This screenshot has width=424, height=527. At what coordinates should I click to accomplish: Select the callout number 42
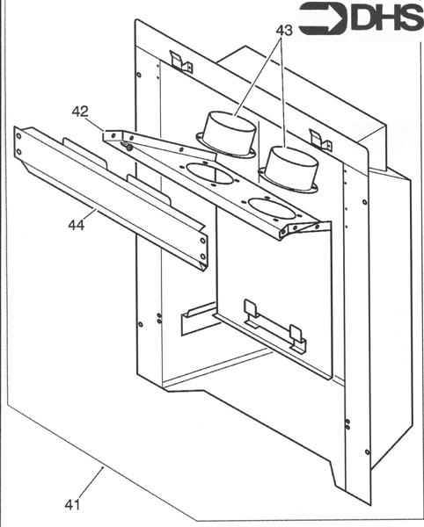click(x=80, y=112)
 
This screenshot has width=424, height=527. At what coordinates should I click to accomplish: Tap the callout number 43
click(x=283, y=30)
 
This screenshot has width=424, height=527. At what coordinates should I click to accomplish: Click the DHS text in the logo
click(x=384, y=19)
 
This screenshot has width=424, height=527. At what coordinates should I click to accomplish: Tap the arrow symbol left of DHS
click(x=322, y=19)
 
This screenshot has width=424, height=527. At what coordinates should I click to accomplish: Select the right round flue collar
click(x=291, y=167)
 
